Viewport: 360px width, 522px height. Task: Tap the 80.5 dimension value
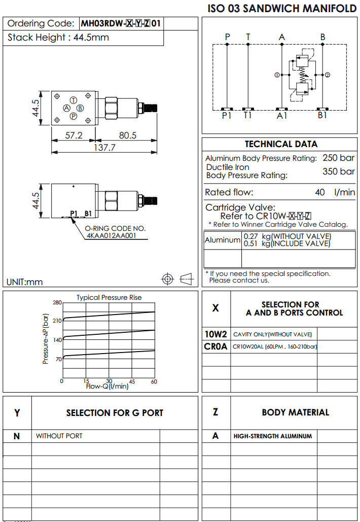click(127, 135)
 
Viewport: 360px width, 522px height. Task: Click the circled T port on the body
click(74, 100)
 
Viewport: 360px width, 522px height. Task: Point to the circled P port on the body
click(74, 116)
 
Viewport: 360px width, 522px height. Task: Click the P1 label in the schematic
click(227, 116)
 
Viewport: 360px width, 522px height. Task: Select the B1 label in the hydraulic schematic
click(323, 116)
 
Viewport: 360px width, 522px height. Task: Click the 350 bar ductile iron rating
click(339, 171)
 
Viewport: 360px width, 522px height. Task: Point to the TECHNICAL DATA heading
click(281, 144)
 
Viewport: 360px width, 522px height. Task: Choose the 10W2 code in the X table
click(215, 334)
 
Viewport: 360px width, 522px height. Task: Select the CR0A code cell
click(216, 346)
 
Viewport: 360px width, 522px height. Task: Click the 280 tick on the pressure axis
click(57, 302)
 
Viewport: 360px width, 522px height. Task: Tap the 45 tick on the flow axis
click(132, 381)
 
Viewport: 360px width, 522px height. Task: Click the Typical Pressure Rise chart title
click(109, 297)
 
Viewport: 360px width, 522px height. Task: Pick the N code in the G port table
click(17, 436)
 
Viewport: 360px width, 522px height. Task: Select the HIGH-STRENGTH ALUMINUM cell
click(273, 436)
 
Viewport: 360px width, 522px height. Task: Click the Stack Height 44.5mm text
click(58, 38)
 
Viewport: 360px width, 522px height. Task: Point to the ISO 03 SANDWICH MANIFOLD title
click(282, 9)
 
